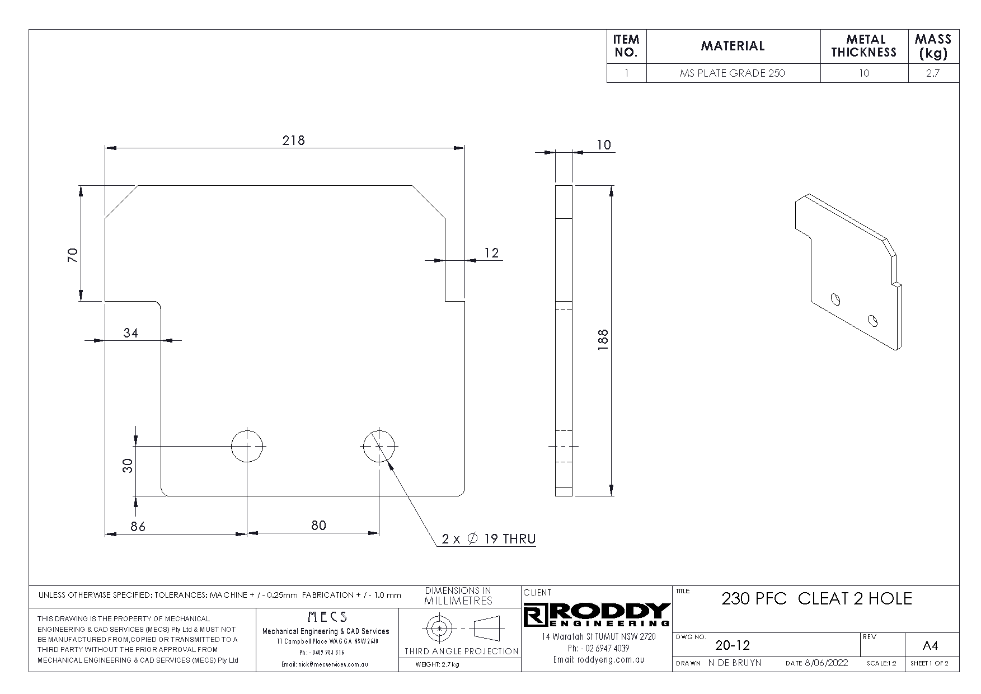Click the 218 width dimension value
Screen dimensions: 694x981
tap(293, 140)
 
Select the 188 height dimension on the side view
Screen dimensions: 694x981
tap(603, 340)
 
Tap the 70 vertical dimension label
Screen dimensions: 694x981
tap(73, 255)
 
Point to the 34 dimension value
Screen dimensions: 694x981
tap(130, 333)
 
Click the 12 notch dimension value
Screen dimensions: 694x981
tap(491, 253)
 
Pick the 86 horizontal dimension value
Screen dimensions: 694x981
tap(138, 527)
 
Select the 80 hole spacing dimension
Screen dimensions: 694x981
tap(318, 526)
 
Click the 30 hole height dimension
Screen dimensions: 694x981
tap(129, 466)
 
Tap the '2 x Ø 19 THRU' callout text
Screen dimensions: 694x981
tap(489, 539)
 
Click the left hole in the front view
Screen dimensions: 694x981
tap(247, 446)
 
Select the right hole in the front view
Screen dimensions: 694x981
tap(379, 446)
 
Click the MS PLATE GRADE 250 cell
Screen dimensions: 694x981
tap(732, 73)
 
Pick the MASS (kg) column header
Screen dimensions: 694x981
tap(932, 46)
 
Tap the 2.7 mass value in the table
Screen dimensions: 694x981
tap(932, 73)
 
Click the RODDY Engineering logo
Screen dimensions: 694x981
tap(597, 615)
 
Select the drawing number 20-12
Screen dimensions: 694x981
tap(733, 645)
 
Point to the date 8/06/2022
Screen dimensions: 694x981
tap(826, 663)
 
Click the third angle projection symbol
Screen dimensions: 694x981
tap(461, 629)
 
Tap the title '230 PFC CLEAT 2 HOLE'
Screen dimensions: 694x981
tap(816, 599)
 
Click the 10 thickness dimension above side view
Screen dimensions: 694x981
tap(603, 145)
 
